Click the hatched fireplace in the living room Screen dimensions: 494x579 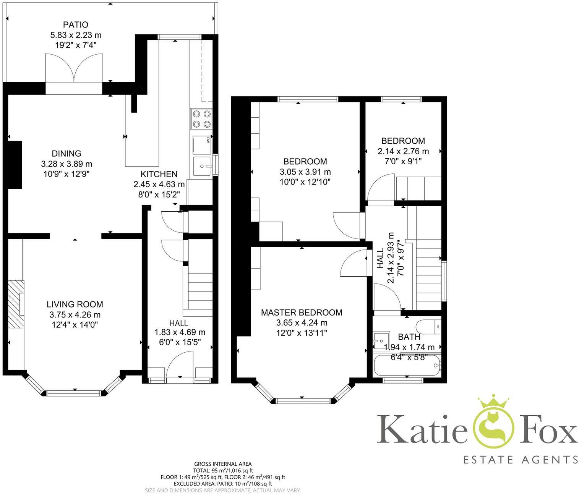pyautogui.click(x=16, y=304)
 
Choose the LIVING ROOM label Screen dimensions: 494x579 pyautogui.click(x=75, y=304)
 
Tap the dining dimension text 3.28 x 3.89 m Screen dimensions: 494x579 pyautogui.click(x=67, y=164)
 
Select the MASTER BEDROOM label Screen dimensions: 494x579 pyautogui.click(x=302, y=313)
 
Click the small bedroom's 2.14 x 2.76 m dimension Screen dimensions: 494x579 pyautogui.click(x=403, y=151)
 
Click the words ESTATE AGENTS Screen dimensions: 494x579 pyautogui.click(x=521, y=459)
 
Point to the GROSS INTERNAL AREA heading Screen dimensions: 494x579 pyautogui.click(x=223, y=464)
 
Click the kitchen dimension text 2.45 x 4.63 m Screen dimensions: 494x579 pyautogui.click(x=159, y=185)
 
